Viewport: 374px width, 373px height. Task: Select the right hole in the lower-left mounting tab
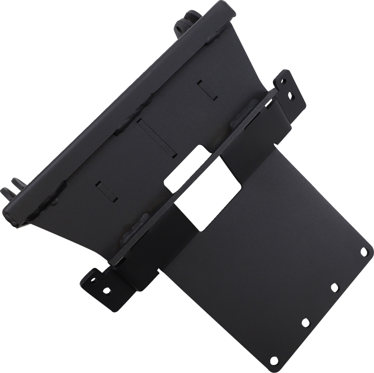point(106,290)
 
